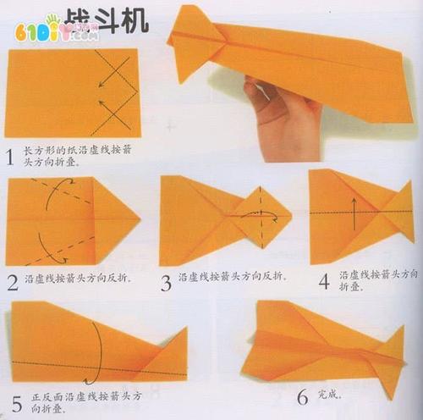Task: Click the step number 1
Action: click(9, 157)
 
